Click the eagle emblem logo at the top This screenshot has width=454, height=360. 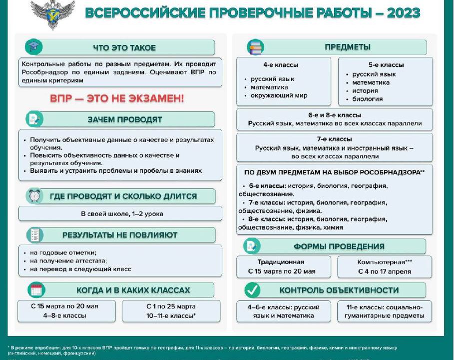click(x=52, y=13)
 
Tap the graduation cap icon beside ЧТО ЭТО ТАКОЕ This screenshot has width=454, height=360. click(x=34, y=47)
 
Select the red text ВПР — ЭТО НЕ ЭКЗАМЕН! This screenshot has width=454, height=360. click(x=117, y=98)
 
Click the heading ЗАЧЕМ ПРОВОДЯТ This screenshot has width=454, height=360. click(x=125, y=119)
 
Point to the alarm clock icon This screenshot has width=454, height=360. click(x=34, y=196)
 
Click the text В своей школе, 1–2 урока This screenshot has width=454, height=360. click(x=122, y=213)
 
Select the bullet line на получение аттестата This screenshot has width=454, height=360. click(x=68, y=260)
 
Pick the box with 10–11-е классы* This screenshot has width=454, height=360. click(x=171, y=311)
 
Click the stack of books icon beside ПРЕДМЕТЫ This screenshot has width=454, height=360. click(x=255, y=47)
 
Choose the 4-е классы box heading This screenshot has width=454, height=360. click(x=281, y=65)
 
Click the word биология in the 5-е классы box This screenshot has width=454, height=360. click(x=368, y=99)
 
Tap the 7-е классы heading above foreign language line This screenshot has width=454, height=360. click(x=334, y=139)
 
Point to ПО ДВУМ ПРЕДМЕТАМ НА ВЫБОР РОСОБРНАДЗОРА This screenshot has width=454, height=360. click(x=334, y=172)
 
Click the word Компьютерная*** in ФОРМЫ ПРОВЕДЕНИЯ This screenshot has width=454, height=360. click(x=384, y=262)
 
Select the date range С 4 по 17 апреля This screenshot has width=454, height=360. click(x=384, y=271)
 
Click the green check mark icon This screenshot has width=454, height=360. click(x=252, y=290)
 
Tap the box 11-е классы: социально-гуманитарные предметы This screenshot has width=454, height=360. click(x=384, y=311)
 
